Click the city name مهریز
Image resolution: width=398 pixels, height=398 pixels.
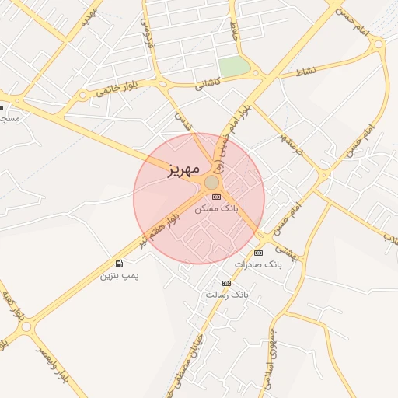point(184,169)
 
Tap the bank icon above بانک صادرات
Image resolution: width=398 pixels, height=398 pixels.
point(259,253)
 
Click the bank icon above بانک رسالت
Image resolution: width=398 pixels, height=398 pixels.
point(226,283)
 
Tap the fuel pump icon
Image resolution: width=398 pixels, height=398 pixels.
point(119,264)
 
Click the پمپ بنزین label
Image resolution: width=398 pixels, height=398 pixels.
point(120,275)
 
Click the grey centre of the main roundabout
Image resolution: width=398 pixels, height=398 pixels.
point(211,182)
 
